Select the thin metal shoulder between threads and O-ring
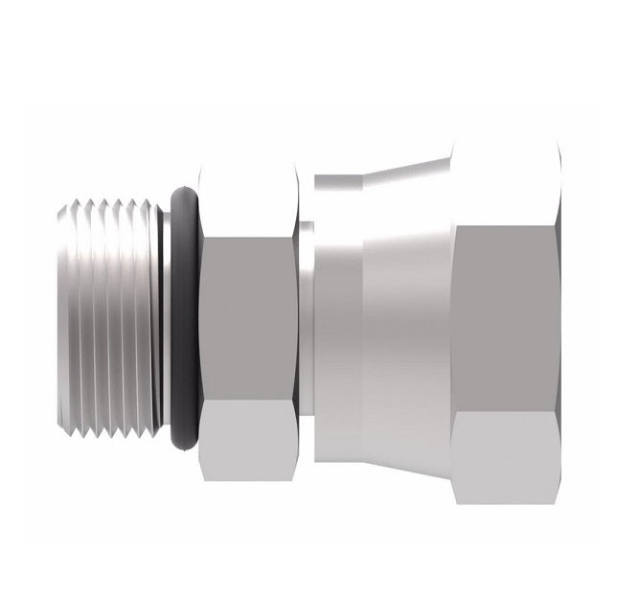(x=166, y=316)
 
